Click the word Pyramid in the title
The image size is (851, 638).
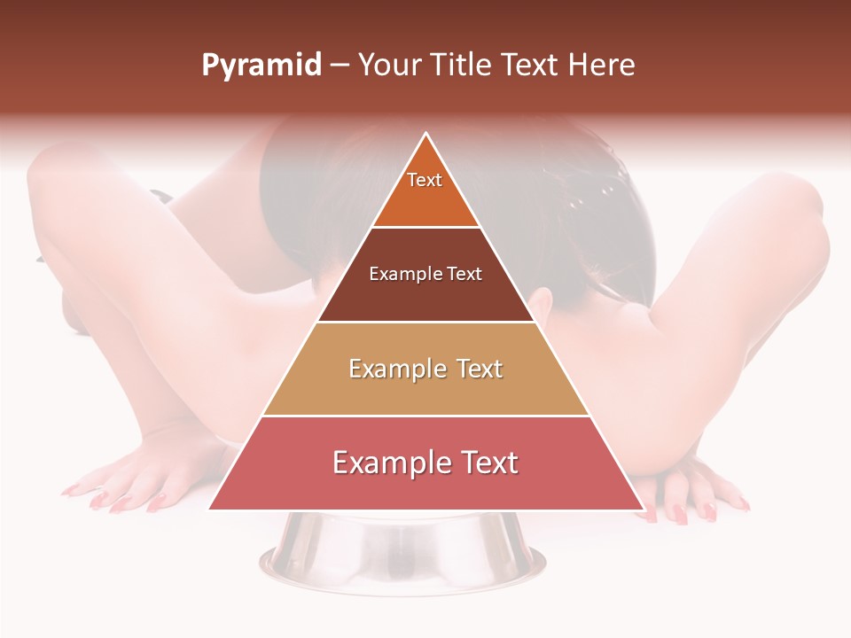click(262, 66)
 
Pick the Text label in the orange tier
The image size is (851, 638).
click(425, 180)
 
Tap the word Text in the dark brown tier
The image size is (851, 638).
click(465, 274)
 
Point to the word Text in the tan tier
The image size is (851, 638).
click(480, 369)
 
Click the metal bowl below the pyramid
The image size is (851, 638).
click(403, 554)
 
